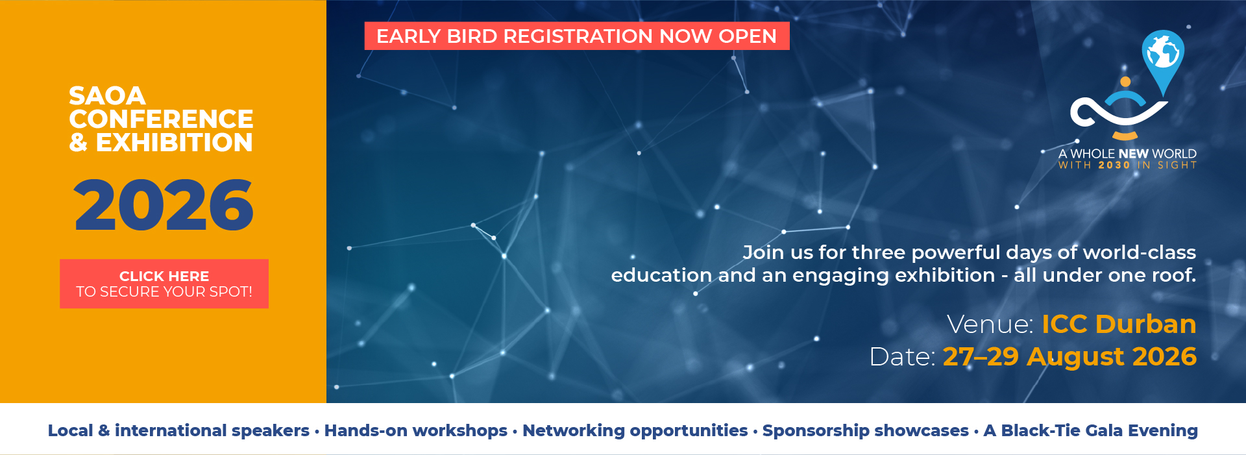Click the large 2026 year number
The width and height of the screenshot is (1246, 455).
point(164,205)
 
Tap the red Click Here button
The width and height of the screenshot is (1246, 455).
point(164,284)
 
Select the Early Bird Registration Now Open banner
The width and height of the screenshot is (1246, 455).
point(577,36)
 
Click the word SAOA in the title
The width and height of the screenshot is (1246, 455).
point(107,96)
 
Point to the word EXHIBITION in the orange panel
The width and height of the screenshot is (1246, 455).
point(175,143)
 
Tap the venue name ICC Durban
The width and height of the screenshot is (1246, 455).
point(1119,324)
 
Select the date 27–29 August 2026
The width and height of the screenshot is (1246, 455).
point(1069,356)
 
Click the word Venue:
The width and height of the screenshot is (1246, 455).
point(990,324)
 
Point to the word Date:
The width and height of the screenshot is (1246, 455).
point(903,356)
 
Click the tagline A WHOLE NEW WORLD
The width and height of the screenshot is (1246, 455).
point(1127,154)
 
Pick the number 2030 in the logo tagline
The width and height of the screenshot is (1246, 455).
point(1114,166)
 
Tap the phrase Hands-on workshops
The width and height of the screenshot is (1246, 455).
point(416,430)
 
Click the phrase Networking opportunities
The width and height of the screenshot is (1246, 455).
point(635,430)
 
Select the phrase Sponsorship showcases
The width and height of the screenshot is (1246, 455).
point(866,430)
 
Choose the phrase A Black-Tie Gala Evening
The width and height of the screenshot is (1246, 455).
point(1091,430)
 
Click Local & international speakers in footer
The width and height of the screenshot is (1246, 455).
point(178,430)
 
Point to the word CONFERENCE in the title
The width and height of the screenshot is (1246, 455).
point(161,119)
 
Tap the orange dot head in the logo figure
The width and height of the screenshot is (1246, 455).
point(1126,82)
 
